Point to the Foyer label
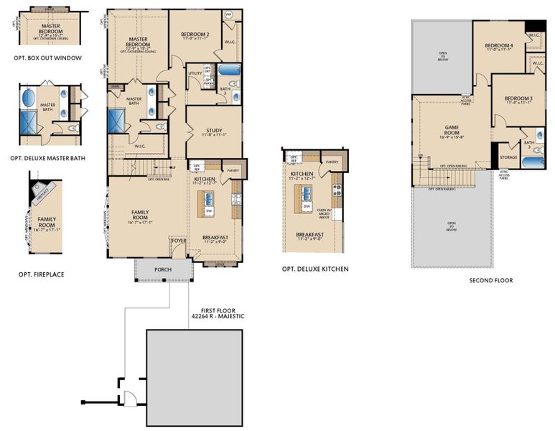click(x=179, y=241)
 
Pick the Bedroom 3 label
click(x=518, y=98)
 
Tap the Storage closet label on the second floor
click(x=508, y=157)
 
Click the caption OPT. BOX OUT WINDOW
click(x=47, y=57)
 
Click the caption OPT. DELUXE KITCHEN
click(x=315, y=269)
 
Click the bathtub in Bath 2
click(x=230, y=72)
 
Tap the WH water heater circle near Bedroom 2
click(x=228, y=14)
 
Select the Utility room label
click(x=195, y=73)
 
